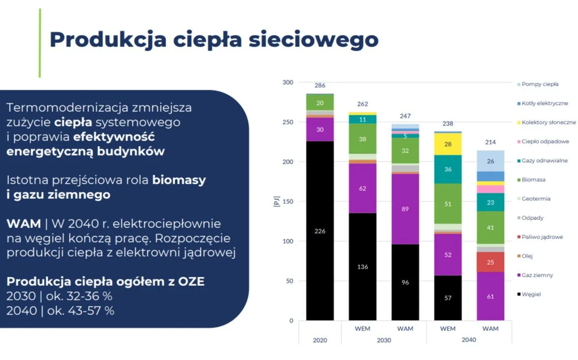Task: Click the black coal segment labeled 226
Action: point(320,231)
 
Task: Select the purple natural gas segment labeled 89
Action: point(405,209)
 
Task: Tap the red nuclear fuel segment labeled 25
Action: point(490,262)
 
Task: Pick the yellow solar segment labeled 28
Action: point(448,144)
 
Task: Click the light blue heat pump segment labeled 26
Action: point(490,161)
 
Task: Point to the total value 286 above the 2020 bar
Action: point(320,86)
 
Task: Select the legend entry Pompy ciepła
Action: point(540,84)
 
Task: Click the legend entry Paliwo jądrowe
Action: point(542,237)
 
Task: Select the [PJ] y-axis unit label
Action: point(276,202)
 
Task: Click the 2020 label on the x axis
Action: point(320,340)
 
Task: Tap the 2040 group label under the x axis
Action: point(469,340)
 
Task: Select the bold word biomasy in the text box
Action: point(179,180)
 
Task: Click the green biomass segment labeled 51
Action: point(448,204)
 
